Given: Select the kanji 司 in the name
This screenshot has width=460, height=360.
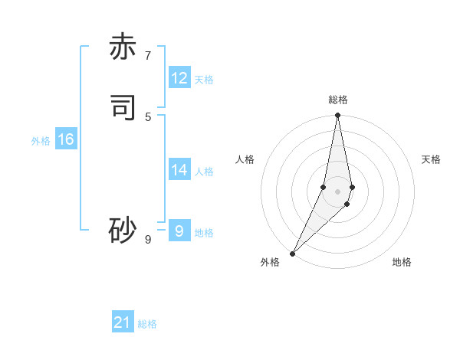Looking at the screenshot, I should (x=123, y=108).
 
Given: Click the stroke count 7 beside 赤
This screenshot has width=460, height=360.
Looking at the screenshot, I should (x=148, y=55).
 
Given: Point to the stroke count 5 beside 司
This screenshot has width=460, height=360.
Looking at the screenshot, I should (x=148, y=116).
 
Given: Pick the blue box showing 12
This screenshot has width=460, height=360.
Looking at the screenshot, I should (x=179, y=78).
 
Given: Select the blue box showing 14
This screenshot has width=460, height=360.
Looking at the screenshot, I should (x=179, y=170).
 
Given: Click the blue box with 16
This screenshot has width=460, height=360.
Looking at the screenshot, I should (x=65, y=139).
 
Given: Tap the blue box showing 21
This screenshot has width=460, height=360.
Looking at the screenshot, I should (x=123, y=322).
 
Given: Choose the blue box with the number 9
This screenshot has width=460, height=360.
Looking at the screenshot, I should (x=179, y=231).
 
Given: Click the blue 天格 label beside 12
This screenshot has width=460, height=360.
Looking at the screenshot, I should (x=204, y=80).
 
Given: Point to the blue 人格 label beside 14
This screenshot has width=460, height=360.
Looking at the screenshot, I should (x=204, y=172).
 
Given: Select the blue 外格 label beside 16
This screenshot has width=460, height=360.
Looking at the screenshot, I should (x=41, y=141).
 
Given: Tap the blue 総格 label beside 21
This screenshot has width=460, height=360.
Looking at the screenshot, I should (x=147, y=324).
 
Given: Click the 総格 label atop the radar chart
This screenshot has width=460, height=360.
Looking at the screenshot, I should (x=338, y=100).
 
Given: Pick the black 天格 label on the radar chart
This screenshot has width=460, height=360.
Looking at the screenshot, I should (x=432, y=159).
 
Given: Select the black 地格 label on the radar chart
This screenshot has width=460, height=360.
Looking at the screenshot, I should (x=402, y=262).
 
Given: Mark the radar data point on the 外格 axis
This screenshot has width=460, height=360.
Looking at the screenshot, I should (x=292, y=253).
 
